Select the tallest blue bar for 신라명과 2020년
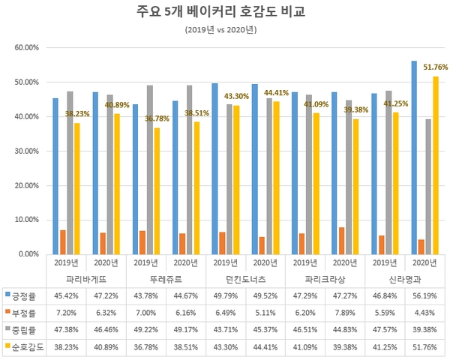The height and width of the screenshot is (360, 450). click(414, 157)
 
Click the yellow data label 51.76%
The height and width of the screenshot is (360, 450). click(435, 67)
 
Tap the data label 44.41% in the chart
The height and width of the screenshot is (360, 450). click(276, 93)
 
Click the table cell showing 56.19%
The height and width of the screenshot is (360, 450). click(424, 295)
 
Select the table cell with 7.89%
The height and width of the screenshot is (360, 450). click(345, 311)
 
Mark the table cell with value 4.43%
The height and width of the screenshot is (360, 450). click(424, 311)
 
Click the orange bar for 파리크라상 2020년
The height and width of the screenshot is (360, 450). click(341, 241)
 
